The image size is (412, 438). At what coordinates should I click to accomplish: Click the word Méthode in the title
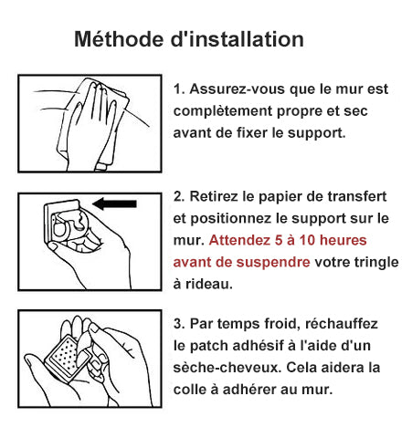119,39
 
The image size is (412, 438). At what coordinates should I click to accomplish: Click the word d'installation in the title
238,39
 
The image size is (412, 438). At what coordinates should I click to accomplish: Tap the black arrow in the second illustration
114,203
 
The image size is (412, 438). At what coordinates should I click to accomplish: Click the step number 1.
179,89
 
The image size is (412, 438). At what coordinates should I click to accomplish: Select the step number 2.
179,196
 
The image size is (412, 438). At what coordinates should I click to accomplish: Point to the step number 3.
179,324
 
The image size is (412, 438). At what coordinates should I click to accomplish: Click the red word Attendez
239,240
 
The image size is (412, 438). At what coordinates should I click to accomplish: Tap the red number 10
307,240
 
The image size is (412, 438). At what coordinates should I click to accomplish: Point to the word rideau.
209,284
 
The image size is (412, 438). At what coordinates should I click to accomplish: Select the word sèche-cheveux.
227,368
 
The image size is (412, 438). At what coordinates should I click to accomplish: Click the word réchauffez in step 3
342,324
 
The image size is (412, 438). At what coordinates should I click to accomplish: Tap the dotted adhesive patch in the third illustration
66,357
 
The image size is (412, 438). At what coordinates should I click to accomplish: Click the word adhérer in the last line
249,390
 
